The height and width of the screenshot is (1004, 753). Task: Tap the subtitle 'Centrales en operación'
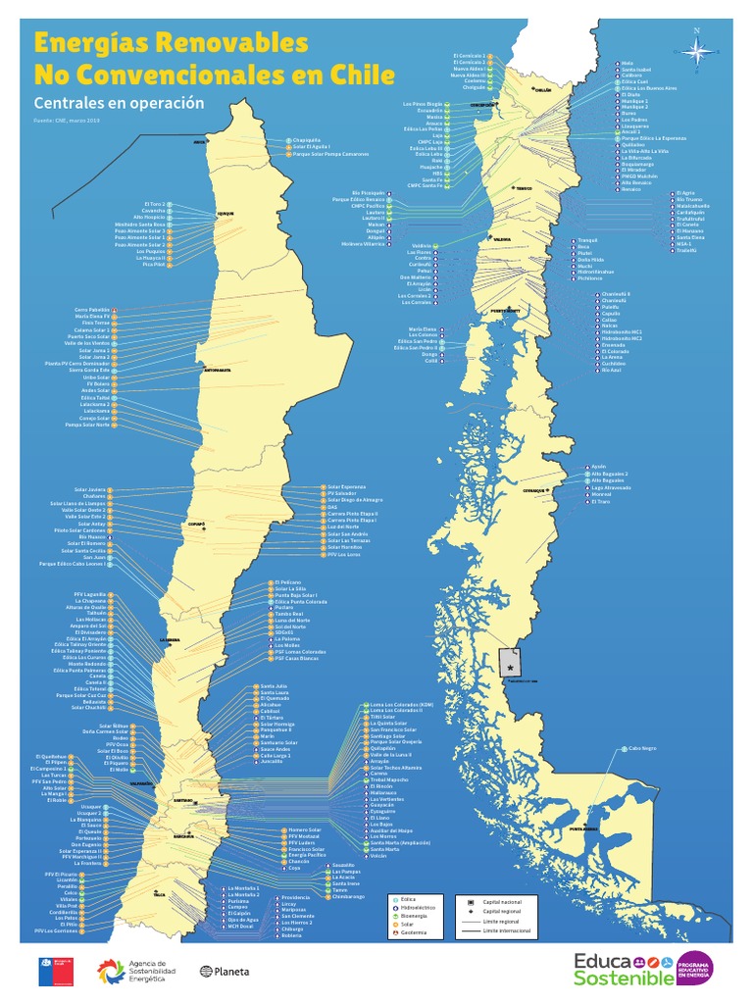coord(119,103)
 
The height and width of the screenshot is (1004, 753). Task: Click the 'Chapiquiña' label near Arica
coord(307,140)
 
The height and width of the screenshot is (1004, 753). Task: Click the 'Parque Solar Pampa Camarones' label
coord(329,154)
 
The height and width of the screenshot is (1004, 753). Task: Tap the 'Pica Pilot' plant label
coord(152,265)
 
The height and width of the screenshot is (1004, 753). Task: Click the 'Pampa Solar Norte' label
coord(86,425)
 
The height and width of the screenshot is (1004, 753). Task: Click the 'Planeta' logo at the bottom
coord(226,972)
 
